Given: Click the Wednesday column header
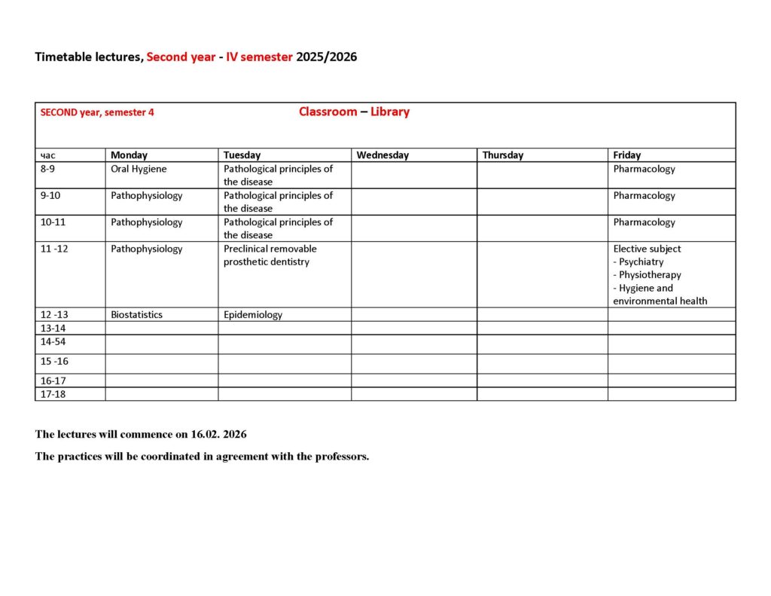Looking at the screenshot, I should pos(382,155).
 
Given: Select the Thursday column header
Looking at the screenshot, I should pos(502,155).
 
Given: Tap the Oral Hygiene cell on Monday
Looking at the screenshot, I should pos(139,169).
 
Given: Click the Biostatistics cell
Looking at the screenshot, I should pos(136,314).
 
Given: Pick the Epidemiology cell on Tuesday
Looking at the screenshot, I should pos(253,314).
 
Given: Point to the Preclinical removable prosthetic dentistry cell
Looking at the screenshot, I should pos(270,255).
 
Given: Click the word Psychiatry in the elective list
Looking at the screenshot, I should pos(641,261).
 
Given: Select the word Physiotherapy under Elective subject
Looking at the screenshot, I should pos(650,275).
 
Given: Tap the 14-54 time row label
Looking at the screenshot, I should pos(53,341).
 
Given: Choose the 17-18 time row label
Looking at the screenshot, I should pos(53,393).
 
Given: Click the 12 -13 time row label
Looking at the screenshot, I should pos(54,314).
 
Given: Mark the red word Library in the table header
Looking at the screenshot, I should pos(390,112).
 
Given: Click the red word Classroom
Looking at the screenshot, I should pos(328,112).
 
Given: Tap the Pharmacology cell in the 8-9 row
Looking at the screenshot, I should pos(644,169).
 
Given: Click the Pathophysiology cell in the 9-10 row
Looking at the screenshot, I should pos(146,195).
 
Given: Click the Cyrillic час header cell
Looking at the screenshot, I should pos(47,155).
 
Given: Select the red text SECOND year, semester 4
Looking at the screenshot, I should pos(97,112).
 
